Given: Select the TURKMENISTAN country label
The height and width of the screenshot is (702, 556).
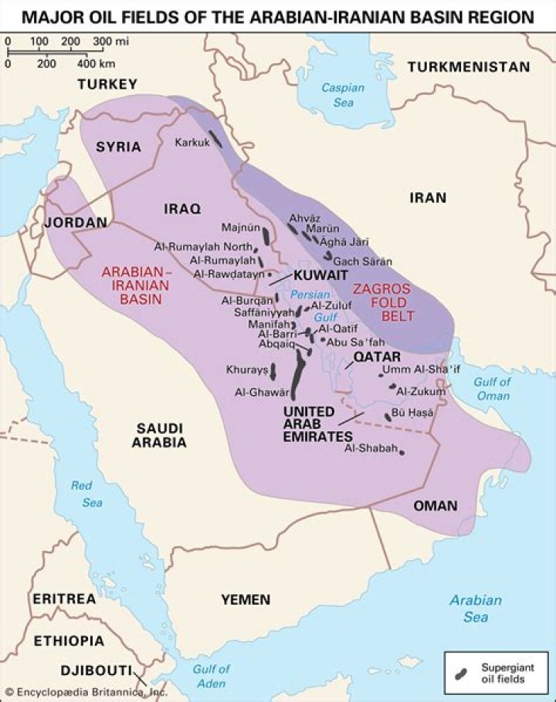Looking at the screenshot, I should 469,67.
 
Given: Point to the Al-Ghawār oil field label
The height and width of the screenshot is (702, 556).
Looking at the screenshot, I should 262,392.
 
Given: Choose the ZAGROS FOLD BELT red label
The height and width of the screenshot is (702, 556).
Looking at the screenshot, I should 383,302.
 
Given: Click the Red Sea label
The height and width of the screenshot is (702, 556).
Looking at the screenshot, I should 86,494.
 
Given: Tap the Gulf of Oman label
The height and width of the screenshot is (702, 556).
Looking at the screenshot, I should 492,389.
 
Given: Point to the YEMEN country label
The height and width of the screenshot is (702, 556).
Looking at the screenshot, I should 246,599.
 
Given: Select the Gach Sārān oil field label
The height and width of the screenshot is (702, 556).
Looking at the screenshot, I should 362,262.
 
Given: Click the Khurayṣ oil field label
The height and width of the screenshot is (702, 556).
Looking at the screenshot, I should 246,370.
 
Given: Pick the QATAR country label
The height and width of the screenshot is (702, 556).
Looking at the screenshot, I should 377,357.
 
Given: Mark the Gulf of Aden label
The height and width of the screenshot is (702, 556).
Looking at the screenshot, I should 211,677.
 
